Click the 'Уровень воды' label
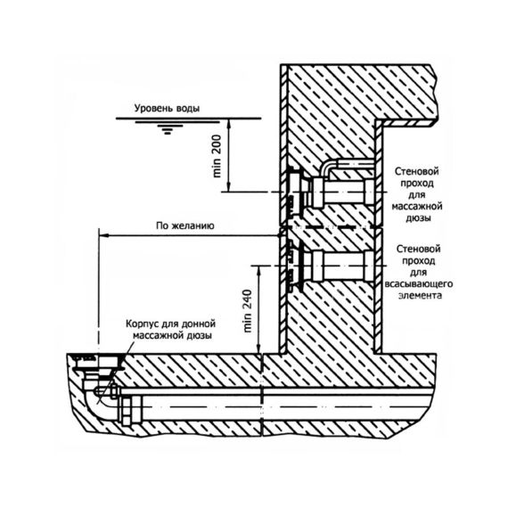[x=167, y=108]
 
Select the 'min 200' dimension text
[x=217, y=156]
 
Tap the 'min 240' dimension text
[x=248, y=311]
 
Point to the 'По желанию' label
[x=185, y=225]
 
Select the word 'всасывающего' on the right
[x=419, y=284]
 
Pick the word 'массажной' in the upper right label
[x=417, y=206]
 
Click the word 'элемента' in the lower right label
[x=420, y=296]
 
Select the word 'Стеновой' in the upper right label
[x=416, y=171]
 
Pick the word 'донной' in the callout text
[x=199, y=324]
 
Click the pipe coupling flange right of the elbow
[x=131, y=412]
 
